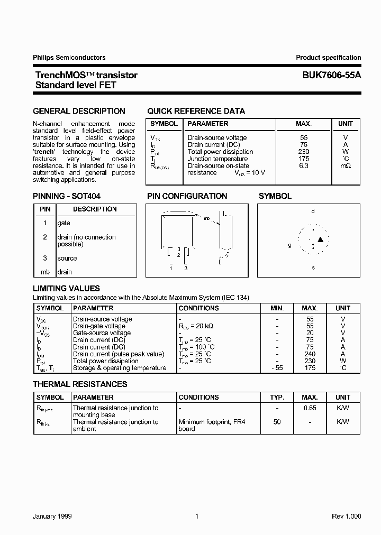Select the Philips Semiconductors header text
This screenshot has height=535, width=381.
point(69,58)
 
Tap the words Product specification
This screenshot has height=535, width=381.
point(328,58)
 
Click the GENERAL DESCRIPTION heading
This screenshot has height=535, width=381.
point(79,111)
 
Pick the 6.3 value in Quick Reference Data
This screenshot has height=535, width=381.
point(304,165)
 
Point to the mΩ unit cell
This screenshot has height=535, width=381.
point(346,165)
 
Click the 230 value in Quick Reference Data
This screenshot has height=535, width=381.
point(304,152)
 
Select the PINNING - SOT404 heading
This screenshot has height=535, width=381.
point(67,196)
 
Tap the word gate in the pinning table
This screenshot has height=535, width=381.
point(63,224)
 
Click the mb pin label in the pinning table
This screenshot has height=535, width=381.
point(45,272)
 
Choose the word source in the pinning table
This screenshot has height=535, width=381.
point(67,259)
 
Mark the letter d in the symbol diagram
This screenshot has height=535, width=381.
point(313,211)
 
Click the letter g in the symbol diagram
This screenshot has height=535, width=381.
point(289,245)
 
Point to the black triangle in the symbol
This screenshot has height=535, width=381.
point(320,240)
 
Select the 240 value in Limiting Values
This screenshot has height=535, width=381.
point(310,354)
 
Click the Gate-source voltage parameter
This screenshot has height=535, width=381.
point(102,333)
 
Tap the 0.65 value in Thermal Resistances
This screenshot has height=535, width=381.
point(310,408)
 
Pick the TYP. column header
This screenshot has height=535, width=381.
point(277,397)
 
